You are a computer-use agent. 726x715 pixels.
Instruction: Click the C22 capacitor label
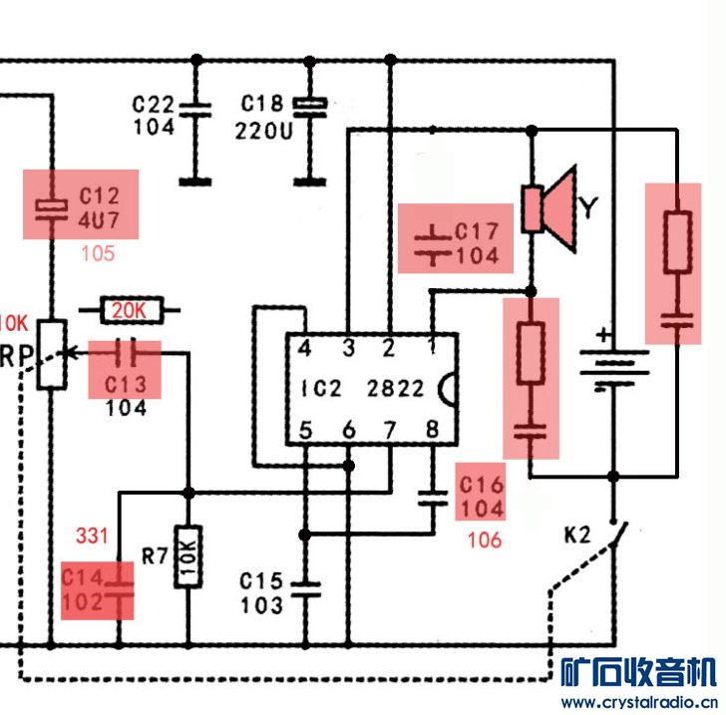tap(154, 105)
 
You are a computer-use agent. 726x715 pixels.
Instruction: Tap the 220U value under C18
tap(263, 130)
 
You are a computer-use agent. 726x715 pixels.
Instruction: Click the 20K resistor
tap(129, 311)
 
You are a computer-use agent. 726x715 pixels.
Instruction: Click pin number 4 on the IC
tap(304, 349)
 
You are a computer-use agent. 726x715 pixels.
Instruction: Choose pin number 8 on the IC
tap(431, 431)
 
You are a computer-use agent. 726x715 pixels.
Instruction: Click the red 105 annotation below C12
tap(98, 253)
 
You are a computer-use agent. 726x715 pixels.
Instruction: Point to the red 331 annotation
tap(92, 536)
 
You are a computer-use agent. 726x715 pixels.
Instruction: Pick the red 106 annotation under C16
tap(484, 540)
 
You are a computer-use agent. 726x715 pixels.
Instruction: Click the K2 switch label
tap(578, 536)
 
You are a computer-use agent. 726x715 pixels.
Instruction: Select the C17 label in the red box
tap(477, 231)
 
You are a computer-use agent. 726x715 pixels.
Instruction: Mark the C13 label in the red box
tap(127, 385)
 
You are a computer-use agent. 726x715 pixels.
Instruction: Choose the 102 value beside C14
tap(83, 602)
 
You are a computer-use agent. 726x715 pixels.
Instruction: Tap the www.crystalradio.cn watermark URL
tap(638, 702)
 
